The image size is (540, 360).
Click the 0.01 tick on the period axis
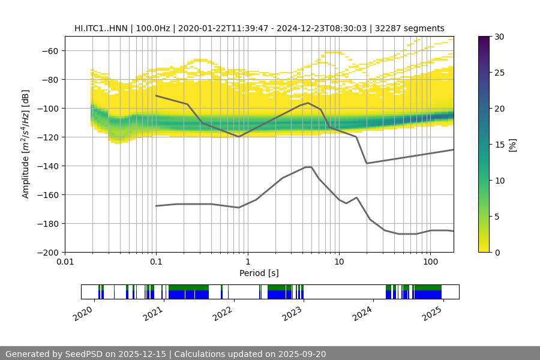pos(65,262)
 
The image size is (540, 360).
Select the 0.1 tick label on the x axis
pos(156,262)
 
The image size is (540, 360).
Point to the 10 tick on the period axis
pos(338,262)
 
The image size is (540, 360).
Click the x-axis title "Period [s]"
pos(259,273)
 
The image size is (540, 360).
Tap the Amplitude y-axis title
pos(26,144)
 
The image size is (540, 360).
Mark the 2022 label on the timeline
pos(223,314)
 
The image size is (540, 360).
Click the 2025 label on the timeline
pos(431,314)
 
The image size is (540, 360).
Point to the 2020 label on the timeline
pos(84,314)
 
